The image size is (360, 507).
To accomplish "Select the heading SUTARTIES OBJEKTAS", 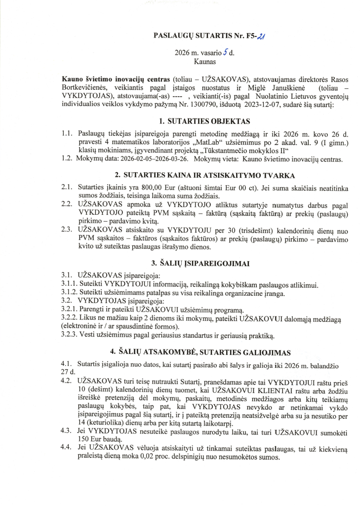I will [210, 121].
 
